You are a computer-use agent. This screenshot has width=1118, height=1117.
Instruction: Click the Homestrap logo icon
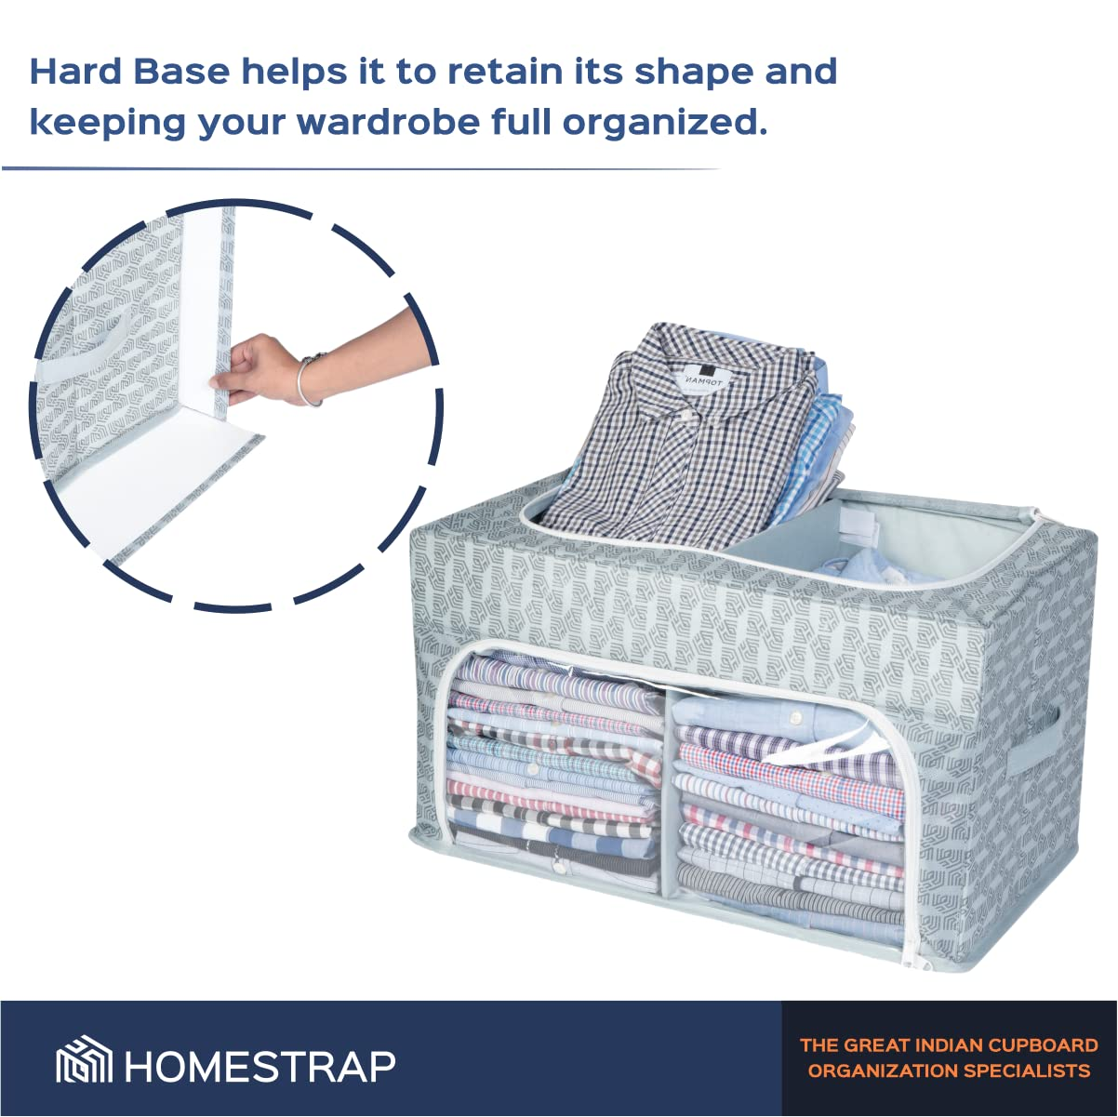tap(84, 1064)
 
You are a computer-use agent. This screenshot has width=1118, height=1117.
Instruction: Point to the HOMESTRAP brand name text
tap(260, 1066)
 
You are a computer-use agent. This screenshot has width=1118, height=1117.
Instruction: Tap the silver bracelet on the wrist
tap(312, 379)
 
